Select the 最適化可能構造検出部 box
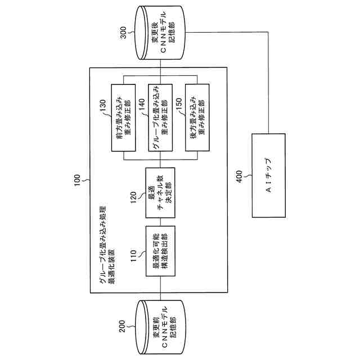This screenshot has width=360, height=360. [161, 251]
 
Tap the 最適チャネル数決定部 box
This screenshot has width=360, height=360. [161, 192]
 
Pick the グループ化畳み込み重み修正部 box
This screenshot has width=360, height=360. [161, 117]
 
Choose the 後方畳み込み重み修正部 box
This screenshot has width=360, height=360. [197, 117]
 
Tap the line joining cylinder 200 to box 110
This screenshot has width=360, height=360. [161, 289]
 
